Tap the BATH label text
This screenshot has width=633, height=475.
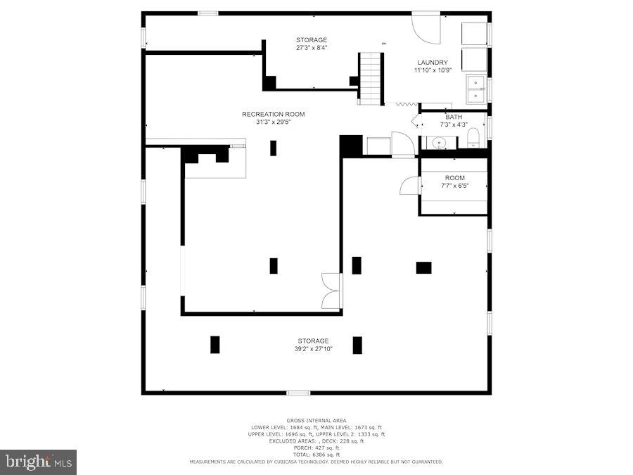[x=454, y=117]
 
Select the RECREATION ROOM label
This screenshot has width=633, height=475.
[x=274, y=114]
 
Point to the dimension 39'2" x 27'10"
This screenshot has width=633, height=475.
[x=313, y=348]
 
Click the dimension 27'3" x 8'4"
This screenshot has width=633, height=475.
[x=312, y=48]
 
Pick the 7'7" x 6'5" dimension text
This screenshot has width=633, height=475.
[x=454, y=186]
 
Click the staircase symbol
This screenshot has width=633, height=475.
[x=371, y=78]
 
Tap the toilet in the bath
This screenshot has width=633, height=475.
[x=473, y=137]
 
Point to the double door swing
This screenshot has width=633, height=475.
[x=331, y=291]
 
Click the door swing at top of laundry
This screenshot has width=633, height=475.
[x=425, y=25]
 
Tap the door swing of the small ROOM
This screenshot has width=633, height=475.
[x=409, y=186]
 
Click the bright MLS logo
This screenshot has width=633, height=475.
[x=39, y=462]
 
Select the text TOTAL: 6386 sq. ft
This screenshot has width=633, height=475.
[x=315, y=454]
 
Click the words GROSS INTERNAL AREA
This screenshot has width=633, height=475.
[x=315, y=420]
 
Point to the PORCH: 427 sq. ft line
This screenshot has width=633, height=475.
[x=315, y=448]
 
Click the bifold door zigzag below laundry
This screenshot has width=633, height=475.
[x=407, y=104]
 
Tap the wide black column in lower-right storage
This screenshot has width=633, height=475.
[x=423, y=267]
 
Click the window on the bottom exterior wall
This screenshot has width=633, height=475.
[x=298, y=392]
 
